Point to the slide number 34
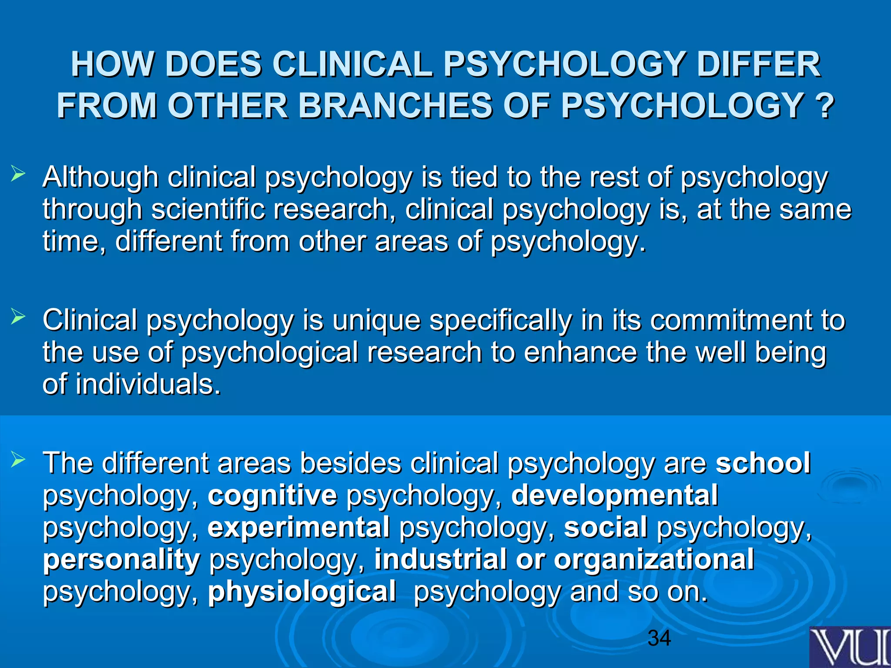[x=659, y=638]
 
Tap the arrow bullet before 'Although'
[x=18, y=175]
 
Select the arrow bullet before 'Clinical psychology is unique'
[x=18, y=317]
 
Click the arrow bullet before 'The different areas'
[x=18, y=459]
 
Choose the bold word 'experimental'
[x=298, y=527]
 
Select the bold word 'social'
[x=606, y=527]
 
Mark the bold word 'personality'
[x=121, y=560]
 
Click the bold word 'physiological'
[x=302, y=591]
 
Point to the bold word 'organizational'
[x=654, y=559]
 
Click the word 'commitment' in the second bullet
[x=731, y=320]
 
